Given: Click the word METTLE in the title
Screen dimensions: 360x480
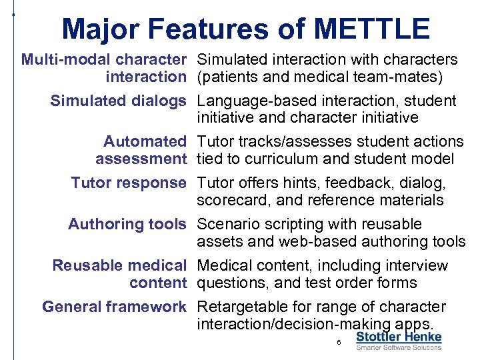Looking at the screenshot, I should click(371, 29).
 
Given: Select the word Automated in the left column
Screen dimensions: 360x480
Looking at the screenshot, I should click(145, 142).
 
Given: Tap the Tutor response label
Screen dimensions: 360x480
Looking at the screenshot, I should click(129, 183).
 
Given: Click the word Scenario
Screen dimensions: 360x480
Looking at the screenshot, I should click(227, 225).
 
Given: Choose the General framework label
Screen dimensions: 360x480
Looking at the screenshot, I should click(114, 307).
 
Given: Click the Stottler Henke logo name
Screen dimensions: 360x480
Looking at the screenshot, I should click(399, 337).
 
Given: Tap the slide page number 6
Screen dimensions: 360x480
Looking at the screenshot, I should click(339, 343).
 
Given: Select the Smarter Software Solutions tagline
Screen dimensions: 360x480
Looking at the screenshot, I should click(399, 347).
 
